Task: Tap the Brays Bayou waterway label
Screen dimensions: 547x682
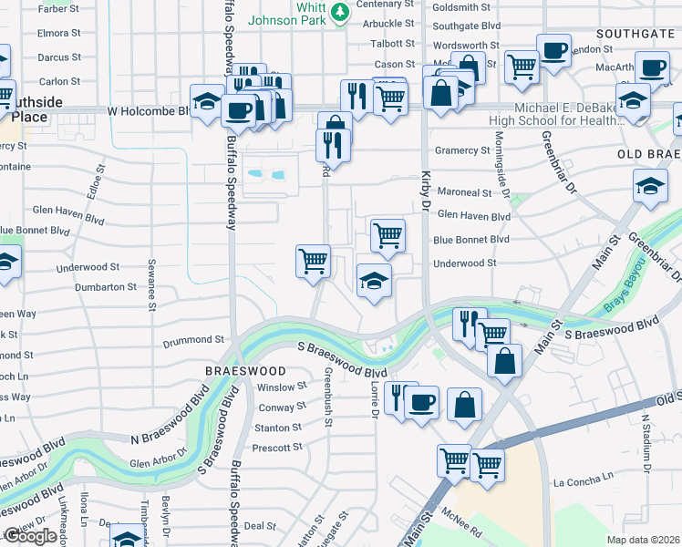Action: [627, 304]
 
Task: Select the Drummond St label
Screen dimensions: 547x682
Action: [193, 339]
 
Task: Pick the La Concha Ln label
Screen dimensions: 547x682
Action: [584, 480]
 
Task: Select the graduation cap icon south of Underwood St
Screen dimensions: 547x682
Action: [374, 281]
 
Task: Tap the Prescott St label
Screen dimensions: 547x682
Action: [277, 448]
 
